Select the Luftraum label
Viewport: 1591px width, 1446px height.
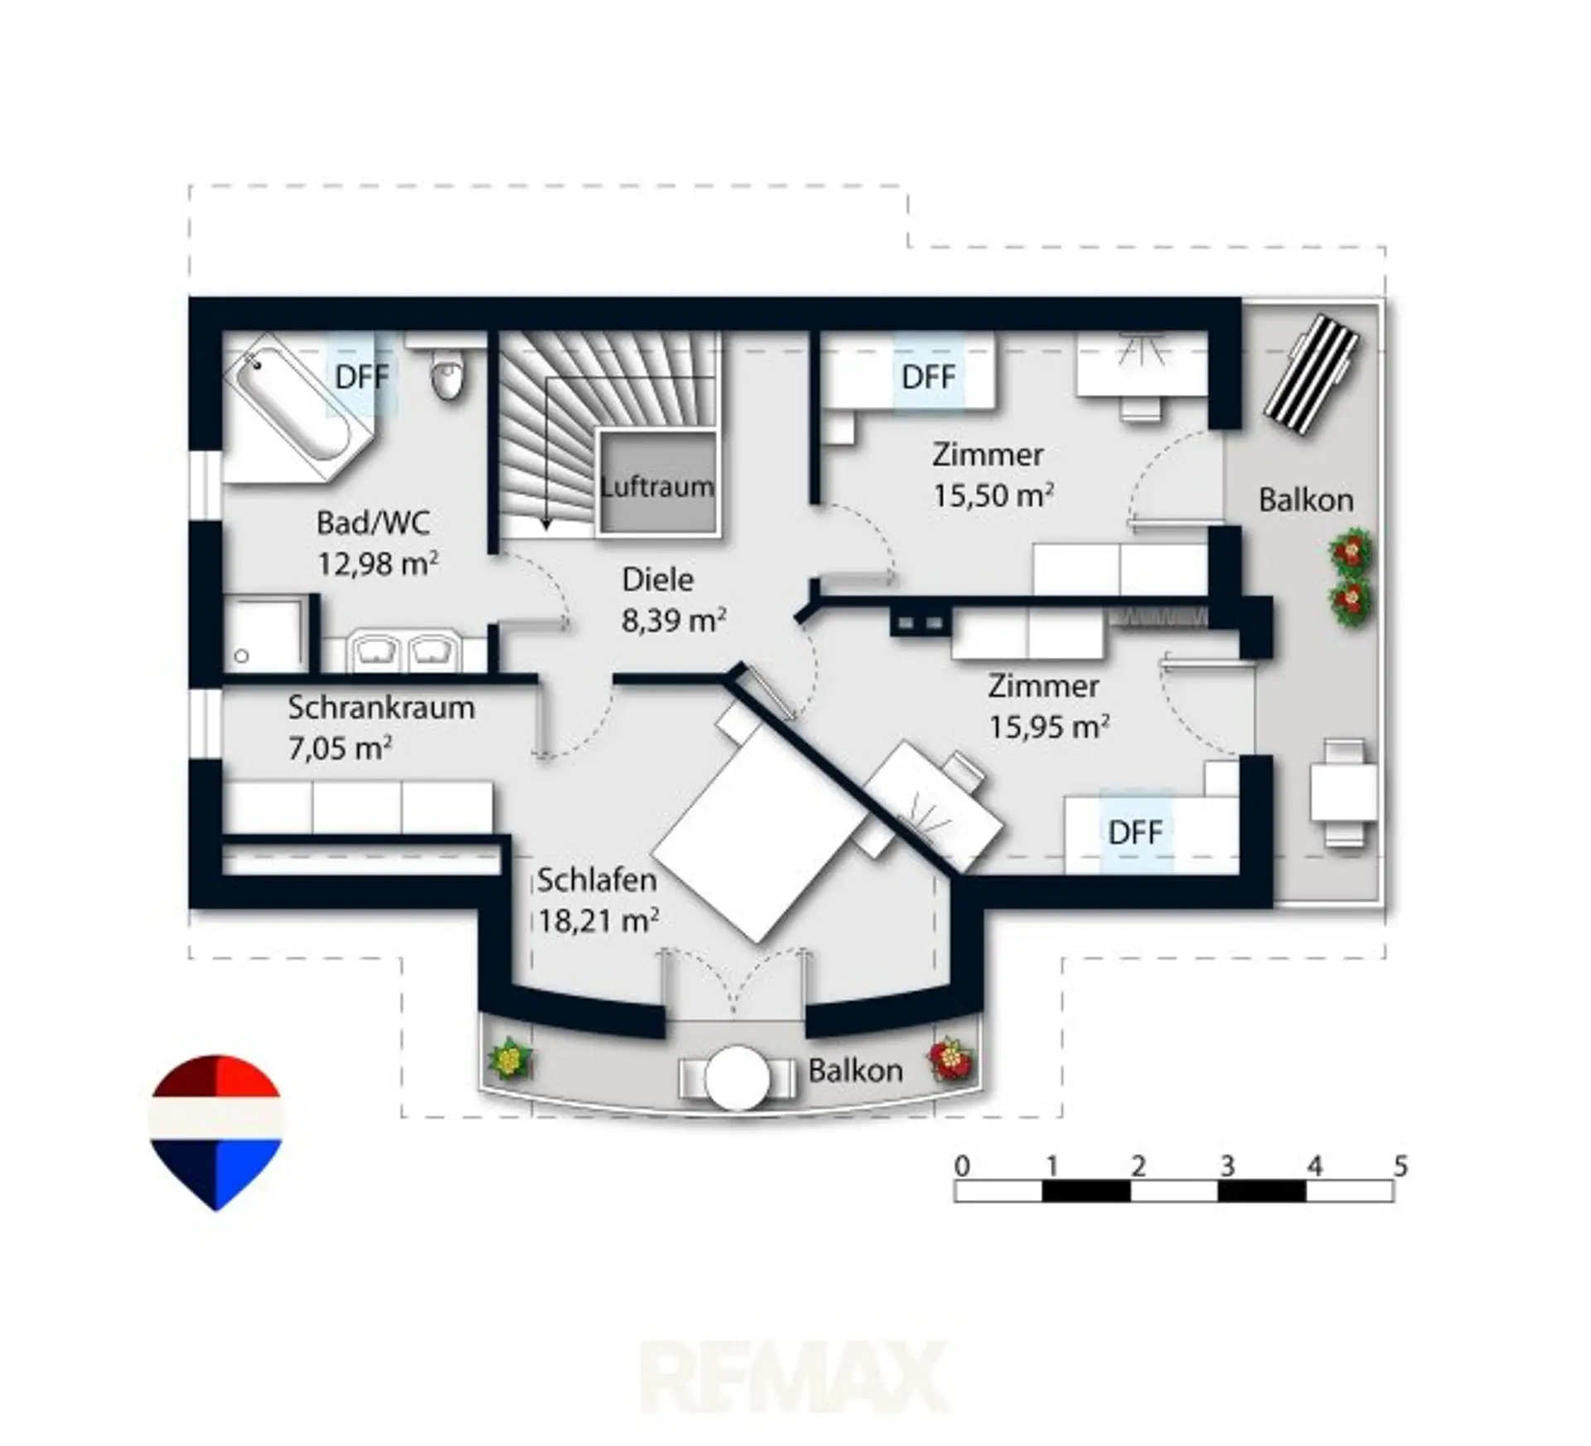(x=657, y=486)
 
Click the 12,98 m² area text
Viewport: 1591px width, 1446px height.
(x=378, y=564)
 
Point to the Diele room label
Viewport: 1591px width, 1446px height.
(x=658, y=579)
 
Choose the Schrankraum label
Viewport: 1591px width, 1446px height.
(x=381, y=708)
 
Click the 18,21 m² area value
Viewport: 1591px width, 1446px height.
(x=598, y=920)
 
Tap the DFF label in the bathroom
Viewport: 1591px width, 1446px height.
(x=361, y=377)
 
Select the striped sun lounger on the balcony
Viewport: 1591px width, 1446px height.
(x=1312, y=375)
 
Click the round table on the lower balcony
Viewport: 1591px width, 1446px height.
(x=737, y=1078)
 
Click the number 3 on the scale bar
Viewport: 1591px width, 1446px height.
(x=1227, y=1167)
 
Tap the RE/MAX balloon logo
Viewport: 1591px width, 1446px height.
(x=216, y=1132)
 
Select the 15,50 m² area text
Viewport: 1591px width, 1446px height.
(x=994, y=495)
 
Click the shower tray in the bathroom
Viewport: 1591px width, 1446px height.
(x=264, y=634)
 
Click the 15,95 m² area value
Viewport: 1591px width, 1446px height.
(x=1049, y=727)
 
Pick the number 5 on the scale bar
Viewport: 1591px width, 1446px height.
(x=1400, y=1167)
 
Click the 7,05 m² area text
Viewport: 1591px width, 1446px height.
(x=340, y=748)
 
